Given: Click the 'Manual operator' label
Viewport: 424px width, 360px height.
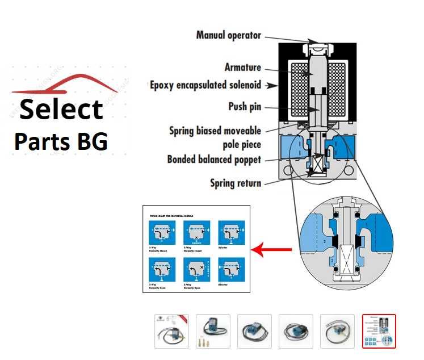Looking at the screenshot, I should [x=228, y=35].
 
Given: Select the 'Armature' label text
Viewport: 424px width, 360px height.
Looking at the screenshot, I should [x=242, y=68].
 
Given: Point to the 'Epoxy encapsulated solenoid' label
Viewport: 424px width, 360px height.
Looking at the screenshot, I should [x=205, y=85].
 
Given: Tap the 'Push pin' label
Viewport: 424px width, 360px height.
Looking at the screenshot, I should [x=245, y=106].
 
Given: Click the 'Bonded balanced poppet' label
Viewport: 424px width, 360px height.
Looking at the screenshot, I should [x=214, y=160].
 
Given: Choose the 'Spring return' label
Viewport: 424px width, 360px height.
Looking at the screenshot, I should [x=236, y=183].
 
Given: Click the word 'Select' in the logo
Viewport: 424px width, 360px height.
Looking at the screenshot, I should [x=61, y=109].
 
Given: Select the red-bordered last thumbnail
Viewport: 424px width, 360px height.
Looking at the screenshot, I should [x=379, y=331].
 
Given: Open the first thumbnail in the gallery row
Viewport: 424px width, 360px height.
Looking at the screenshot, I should [x=171, y=331].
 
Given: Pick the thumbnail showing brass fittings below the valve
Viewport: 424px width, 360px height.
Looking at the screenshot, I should [x=213, y=331].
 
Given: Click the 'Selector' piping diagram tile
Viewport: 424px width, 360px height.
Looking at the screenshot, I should [x=231, y=233].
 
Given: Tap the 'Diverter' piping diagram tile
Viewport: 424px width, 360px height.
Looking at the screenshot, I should [x=231, y=270].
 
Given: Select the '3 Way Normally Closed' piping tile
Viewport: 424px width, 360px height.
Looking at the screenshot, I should [x=162, y=233].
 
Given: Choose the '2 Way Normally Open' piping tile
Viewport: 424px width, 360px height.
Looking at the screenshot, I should [x=196, y=270].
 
